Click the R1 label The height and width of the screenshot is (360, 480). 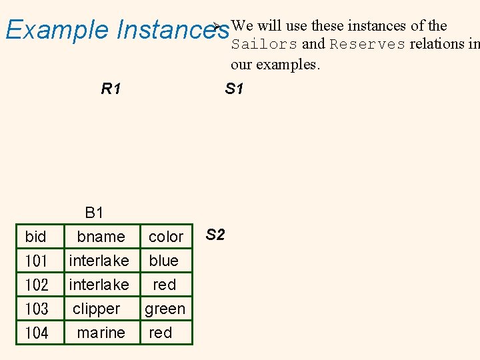coord(111,89)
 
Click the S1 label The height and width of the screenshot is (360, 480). coord(234,89)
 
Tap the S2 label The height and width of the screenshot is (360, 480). coord(215,235)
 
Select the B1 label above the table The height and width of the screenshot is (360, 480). coord(95,213)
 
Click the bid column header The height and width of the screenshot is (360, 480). coord(35,237)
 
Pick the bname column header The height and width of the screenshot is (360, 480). coord(101,237)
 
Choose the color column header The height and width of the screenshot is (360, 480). coord(165,237)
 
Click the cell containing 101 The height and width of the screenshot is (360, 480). coord(36,261)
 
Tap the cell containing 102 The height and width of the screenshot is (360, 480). coord(36,285)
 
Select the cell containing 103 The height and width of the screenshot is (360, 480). coord(36,309)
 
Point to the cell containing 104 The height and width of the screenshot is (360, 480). coord(36,333)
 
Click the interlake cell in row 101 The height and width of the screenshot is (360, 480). coord(99,261)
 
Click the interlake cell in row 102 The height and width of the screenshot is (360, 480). coord(99,285)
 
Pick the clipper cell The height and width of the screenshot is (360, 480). coord(97,309)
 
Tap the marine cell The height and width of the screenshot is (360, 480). coord(101,333)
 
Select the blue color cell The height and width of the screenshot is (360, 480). coord(164,261)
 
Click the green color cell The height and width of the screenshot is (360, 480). coord(165,309)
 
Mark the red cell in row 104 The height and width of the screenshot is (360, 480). coord(161,333)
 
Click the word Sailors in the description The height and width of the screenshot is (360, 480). coord(264,45)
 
